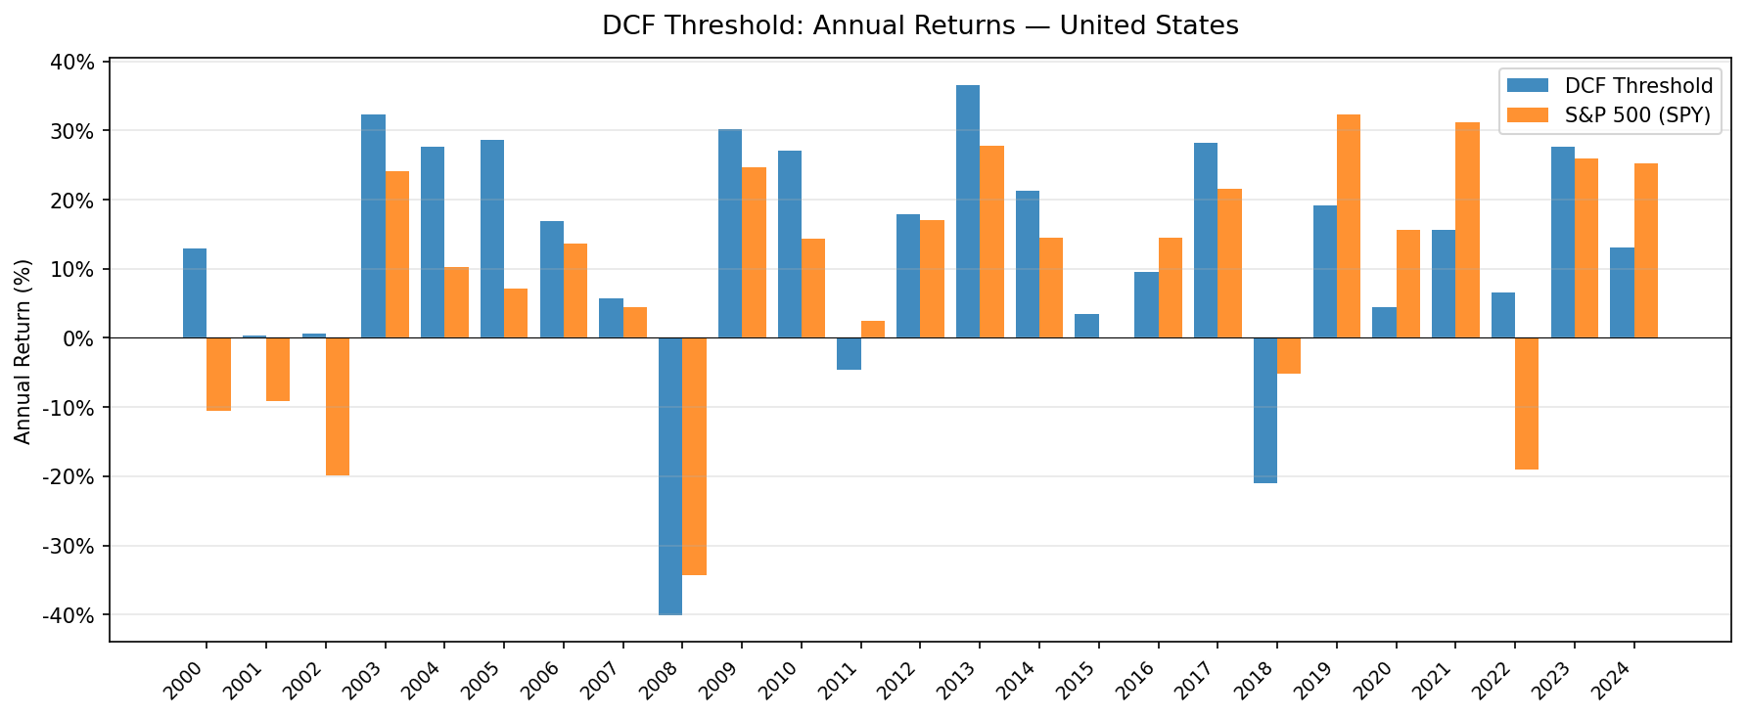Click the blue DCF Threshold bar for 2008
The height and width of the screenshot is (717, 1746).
(670, 475)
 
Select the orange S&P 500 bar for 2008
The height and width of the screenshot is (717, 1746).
(694, 456)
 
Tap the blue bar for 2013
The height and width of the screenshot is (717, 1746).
(968, 211)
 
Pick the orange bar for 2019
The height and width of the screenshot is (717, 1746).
(1349, 226)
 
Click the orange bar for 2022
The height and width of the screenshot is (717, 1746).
(1527, 403)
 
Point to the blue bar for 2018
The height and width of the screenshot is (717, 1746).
(1265, 410)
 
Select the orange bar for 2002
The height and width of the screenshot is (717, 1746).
(338, 406)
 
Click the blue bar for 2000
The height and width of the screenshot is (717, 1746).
(195, 292)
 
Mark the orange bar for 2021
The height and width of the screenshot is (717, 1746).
(1467, 230)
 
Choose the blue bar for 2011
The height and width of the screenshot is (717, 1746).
(849, 353)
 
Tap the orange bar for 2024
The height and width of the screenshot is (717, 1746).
(1646, 250)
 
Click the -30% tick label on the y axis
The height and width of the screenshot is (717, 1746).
(73, 546)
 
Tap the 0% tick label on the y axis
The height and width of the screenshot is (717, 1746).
(80, 338)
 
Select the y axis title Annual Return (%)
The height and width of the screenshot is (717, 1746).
(23, 350)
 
